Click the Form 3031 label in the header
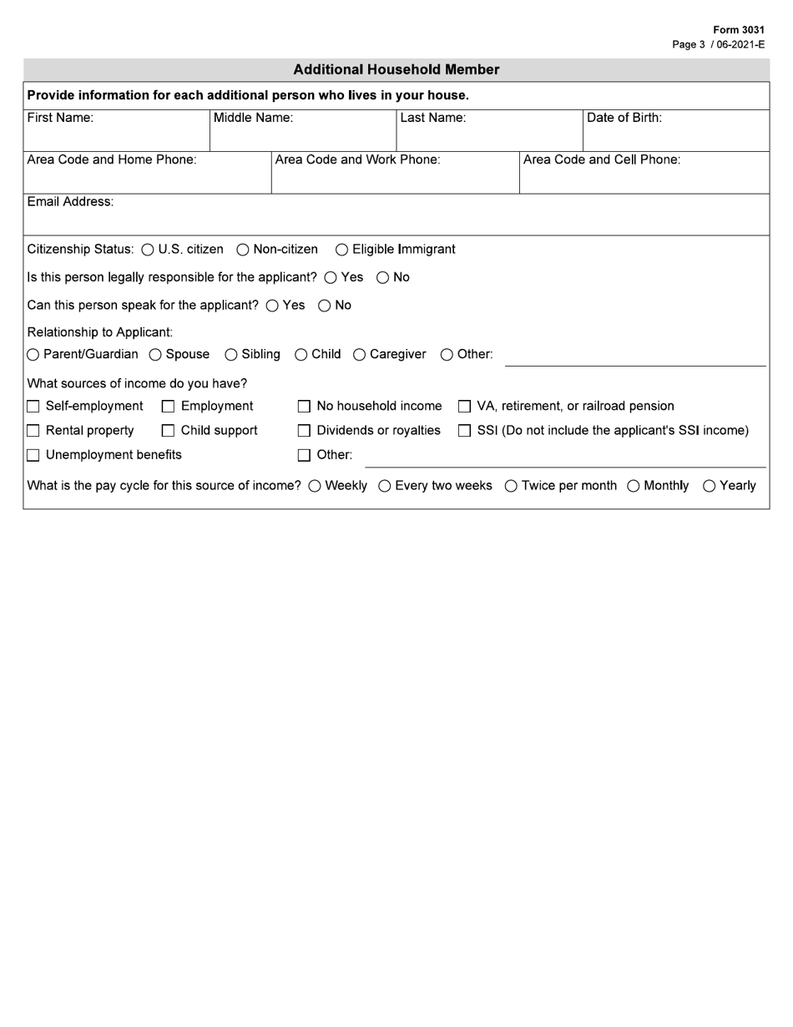click(x=739, y=30)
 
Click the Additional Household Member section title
click(x=396, y=70)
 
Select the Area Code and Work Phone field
click(x=395, y=179)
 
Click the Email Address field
click(x=396, y=220)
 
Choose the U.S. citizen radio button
click(x=148, y=250)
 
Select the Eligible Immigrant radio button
click(x=342, y=250)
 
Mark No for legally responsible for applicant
click(x=383, y=278)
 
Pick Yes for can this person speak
click(x=272, y=306)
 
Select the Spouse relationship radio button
click(x=155, y=355)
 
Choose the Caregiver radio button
click(x=360, y=355)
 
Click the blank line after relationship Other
click(x=634, y=357)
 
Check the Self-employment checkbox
click(x=33, y=407)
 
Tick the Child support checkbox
click(x=168, y=431)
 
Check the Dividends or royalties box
click(x=304, y=431)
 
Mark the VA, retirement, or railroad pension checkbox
click(x=464, y=407)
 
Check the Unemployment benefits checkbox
click(x=33, y=456)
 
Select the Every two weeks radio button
click(x=385, y=486)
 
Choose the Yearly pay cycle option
click(x=710, y=486)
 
